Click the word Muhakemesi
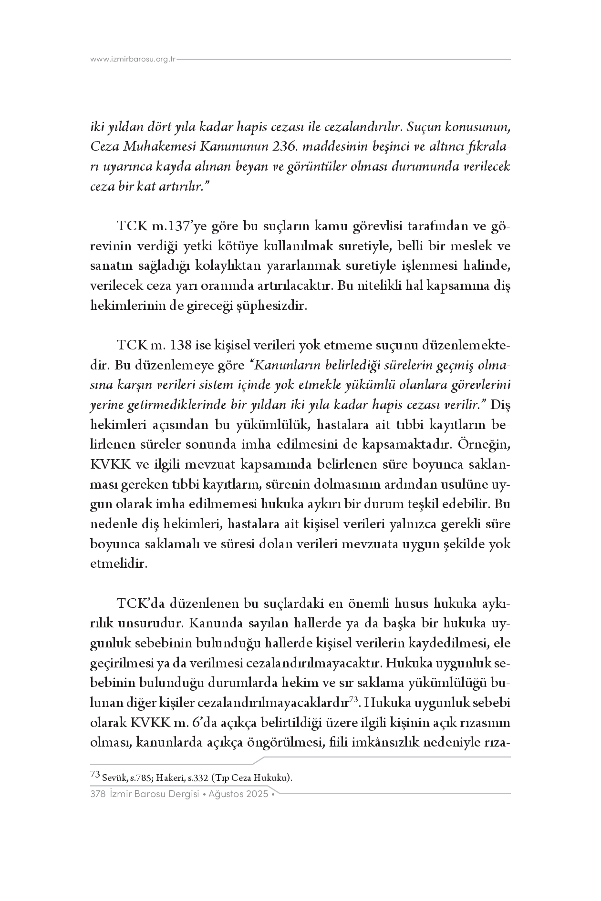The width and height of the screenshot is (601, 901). (162, 147)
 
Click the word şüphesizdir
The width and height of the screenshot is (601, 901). (276, 306)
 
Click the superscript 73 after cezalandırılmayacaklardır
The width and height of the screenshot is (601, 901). (353, 699)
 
